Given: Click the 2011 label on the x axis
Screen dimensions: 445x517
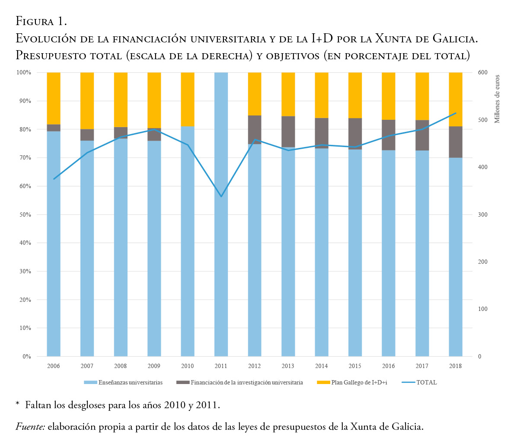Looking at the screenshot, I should click(221, 366).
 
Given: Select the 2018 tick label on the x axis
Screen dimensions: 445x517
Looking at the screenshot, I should click(455, 366).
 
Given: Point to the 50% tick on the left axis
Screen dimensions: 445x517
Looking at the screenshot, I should click(25, 215).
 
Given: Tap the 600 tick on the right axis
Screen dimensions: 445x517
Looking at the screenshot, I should click(482, 73).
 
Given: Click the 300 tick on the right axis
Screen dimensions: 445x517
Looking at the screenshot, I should click(482, 215).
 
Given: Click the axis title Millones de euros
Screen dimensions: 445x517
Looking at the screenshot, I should click(498, 99).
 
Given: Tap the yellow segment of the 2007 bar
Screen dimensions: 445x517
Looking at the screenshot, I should click(87, 101).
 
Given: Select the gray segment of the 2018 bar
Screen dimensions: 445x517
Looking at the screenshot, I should click(455, 142).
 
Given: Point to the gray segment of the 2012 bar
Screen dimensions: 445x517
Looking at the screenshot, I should click(255, 130).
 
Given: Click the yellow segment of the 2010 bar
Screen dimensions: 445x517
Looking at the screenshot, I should click(188, 99).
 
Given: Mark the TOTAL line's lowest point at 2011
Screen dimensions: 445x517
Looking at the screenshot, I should click(221, 197).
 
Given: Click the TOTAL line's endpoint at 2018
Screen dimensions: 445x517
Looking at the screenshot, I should click(456, 113).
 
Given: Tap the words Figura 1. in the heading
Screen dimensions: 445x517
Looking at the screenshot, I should click(41, 21).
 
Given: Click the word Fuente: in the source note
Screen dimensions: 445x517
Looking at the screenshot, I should click(30, 427).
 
